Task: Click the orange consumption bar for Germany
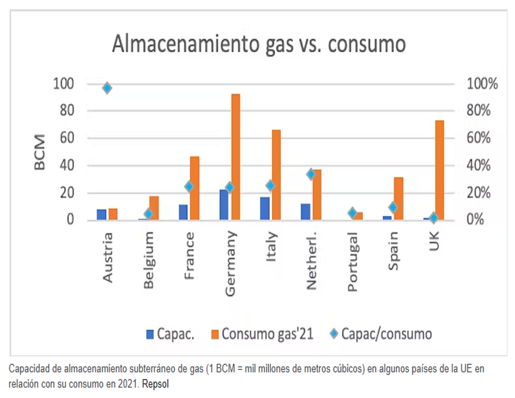point(235,157)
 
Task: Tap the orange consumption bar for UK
point(439,170)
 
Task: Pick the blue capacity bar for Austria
point(101,214)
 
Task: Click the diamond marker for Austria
point(107,88)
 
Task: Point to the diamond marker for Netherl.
point(311,174)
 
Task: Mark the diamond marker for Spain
point(393,207)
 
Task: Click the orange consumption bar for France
point(194,188)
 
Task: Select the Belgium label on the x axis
point(148,260)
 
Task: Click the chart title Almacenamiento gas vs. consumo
point(259,45)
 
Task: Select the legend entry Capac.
point(169,333)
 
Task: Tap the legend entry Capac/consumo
point(381,333)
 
